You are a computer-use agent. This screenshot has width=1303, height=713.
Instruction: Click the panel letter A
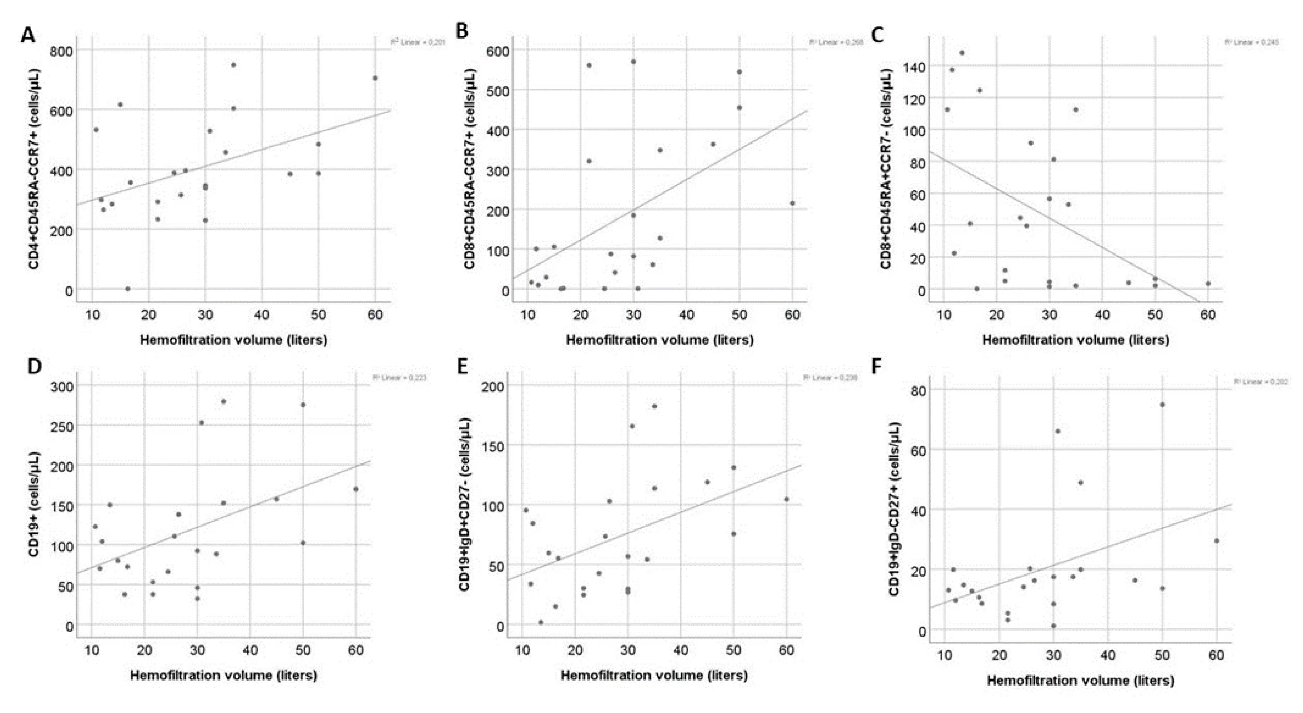pyautogui.click(x=28, y=35)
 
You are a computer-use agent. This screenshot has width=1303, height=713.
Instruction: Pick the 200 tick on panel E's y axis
pyautogui.click(x=494, y=387)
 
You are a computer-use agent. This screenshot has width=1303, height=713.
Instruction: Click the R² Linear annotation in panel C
pyautogui.click(x=1251, y=42)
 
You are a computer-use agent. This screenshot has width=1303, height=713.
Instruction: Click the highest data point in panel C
pyautogui.click(x=962, y=52)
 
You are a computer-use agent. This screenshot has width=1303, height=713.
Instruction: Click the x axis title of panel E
pyautogui.click(x=654, y=675)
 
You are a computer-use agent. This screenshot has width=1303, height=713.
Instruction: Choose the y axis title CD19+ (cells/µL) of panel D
pyautogui.click(x=34, y=504)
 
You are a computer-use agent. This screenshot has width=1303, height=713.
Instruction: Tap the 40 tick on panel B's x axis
pyautogui.click(x=686, y=315)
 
